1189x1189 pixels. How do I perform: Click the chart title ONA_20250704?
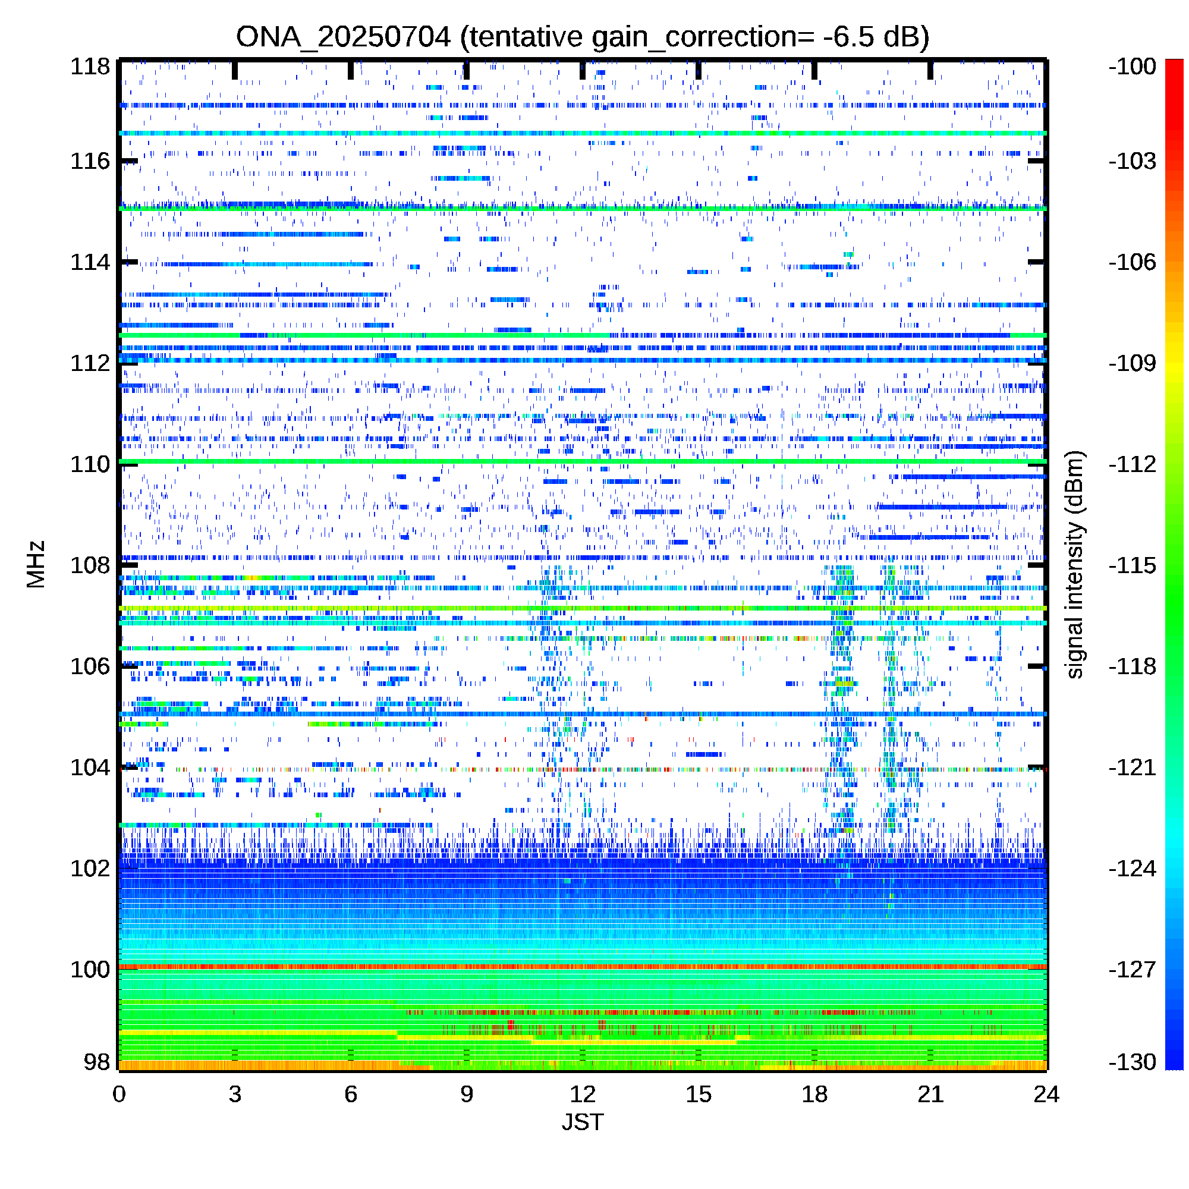pyautogui.click(x=344, y=37)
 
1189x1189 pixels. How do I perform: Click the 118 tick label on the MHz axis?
pyautogui.click(x=90, y=67)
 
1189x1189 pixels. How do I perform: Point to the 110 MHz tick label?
pyautogui.click(x=90, y=464)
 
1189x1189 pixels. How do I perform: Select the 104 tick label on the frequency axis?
pyautogui.click(x=90, y=767)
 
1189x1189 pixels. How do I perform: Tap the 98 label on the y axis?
pyautogui.click(x=97, y=1062)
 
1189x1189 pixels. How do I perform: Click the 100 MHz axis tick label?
pyautogui.click(x=90, y=969)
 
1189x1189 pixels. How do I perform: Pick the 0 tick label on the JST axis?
pyautogui.click(x=119, y=1094)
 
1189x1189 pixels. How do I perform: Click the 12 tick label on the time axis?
pyautogui.click(x=582, y=1094)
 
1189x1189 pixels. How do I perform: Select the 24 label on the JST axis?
pyautogui.click(x=1046, y=1094)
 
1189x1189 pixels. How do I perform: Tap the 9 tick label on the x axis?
pyautogui.click(x=467, y=1094)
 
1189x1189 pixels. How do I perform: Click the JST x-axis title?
pyautogui.click(x=582, y=1122)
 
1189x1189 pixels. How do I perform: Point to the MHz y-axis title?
pyautogui.click(x=36, y=564)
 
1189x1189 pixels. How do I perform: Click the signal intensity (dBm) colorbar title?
pyautogui.click(x=1074, y=565)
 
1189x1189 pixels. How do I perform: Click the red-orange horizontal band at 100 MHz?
pyautogui.click(x=583, y=967)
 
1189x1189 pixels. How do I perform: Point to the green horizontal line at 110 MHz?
pyautogui.click(x=583, y=461)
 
